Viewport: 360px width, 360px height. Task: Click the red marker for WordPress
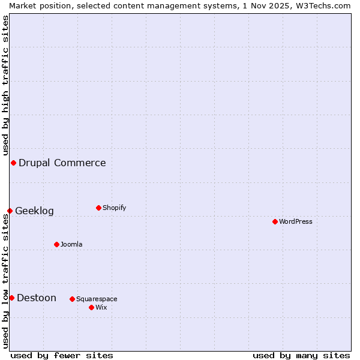point(275,221)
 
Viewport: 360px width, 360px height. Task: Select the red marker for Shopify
point(98,208)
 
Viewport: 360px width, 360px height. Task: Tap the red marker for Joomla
point(56,244)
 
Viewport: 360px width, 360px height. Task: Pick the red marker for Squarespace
point(72,299)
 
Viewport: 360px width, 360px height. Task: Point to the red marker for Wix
point(91,307)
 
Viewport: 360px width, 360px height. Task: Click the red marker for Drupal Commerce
point(13,163)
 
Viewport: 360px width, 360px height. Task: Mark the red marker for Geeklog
point(10,211)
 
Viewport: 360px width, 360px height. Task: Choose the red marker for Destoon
point(11,298)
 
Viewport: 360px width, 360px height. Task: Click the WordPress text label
point(296,221)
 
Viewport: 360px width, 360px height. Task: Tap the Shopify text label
point(114,208)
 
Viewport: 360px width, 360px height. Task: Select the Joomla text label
point(71,244)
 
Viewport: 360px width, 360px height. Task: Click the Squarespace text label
point(97,299)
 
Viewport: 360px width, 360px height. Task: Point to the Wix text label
point(101,307)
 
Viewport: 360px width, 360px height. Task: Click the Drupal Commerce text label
point(62,163)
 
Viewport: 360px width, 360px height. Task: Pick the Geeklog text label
point(34,211)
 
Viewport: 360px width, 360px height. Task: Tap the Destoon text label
point(37,298)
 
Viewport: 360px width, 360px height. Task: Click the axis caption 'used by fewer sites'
point(62,355)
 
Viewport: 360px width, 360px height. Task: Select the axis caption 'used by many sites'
point(301,355)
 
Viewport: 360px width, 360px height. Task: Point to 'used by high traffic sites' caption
point(5,85)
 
